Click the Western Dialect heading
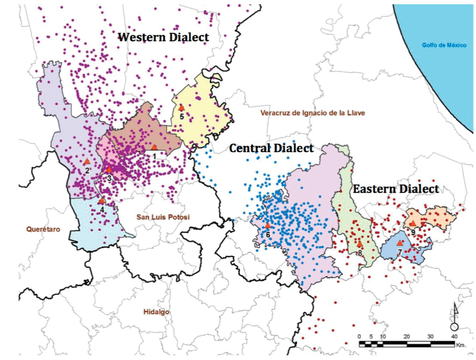click(163, 37)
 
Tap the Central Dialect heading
click(271, 148)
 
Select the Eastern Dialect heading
click(396, 189)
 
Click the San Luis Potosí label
click(163, 217)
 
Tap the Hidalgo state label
click(156, 312)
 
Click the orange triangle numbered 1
click(154, 147)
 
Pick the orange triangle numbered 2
click(87, 162)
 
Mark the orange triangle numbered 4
click(102, 201)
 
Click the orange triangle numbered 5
click(181, 108)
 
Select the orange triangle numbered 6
click(268, 226)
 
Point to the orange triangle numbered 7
click(400, 243)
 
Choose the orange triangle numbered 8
click(360, 244)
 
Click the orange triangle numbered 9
click(413, 223)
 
